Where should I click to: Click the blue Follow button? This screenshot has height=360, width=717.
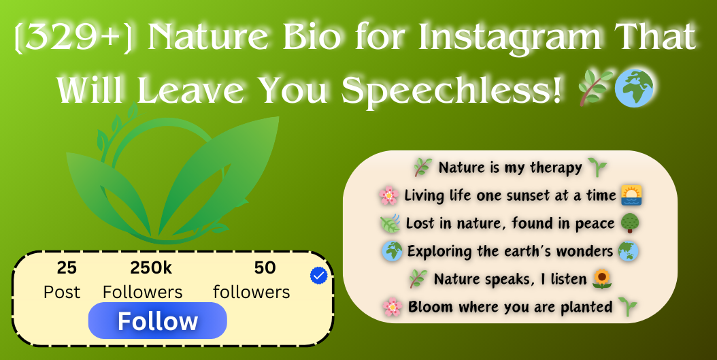(157, 321)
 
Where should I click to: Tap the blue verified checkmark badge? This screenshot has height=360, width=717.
(318, 276)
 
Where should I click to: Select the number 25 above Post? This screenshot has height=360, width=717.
(67, 268)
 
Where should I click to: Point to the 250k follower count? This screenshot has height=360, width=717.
(151, 268)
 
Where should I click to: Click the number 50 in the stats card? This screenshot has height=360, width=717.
(265, 268)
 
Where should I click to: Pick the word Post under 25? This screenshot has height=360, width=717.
(62, 292)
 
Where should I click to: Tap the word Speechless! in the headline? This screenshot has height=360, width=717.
(451, 90)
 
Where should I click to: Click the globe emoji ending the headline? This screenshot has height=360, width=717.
(633, 88)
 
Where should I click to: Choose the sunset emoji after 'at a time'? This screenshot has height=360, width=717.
(631, 195)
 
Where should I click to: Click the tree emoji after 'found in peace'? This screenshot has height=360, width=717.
(630, 223)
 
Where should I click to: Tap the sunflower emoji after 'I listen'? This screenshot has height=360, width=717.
(602, 278)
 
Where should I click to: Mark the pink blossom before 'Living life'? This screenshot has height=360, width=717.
(388, 196)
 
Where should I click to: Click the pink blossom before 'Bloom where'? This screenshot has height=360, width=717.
(393, 307)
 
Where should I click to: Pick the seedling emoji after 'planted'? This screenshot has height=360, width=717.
(627, 306)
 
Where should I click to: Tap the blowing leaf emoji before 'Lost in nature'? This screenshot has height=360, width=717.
(390, 224)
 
